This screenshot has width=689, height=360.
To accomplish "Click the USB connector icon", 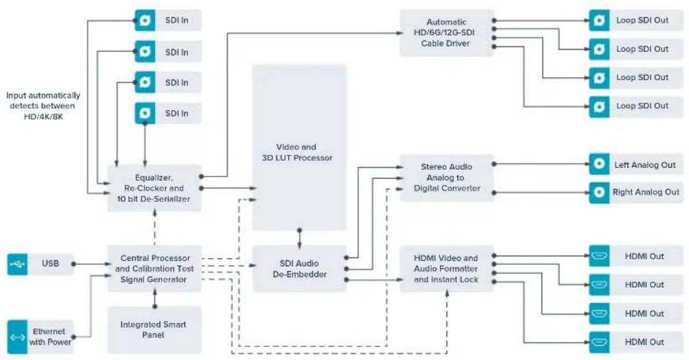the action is [17, 264].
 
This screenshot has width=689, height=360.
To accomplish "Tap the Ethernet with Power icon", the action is [17, 337].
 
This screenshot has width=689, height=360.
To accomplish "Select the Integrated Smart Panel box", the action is [154, 330].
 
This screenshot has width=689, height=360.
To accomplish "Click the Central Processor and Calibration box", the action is [154, 269].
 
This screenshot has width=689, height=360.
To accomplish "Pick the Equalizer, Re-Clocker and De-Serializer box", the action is [154, 188].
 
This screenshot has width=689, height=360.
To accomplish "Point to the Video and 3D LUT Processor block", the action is [299, 148].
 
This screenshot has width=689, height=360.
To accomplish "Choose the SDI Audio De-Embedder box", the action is [299, 269].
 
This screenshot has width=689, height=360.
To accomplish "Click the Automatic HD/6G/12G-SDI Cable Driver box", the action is [447, 33].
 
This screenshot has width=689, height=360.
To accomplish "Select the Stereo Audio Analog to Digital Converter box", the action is [447, 178].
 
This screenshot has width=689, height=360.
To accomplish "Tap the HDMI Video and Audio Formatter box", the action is [447, 269].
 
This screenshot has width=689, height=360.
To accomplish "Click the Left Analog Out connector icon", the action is [599, 164].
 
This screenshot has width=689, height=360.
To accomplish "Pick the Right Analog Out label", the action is [646, 192].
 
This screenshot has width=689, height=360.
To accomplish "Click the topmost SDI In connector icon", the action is [145, 21].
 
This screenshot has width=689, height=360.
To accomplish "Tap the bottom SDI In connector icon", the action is [145, 113].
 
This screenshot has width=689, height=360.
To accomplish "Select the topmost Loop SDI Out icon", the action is [599, 21].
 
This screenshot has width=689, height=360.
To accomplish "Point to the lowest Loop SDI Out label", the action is [642, 106].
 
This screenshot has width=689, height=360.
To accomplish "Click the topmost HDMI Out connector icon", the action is [599, 256].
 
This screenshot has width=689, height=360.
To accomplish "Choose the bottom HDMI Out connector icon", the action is [599, 342].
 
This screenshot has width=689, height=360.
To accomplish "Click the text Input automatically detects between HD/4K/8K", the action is [43, 106].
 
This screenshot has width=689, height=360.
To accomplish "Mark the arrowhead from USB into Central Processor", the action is [109, 264].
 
